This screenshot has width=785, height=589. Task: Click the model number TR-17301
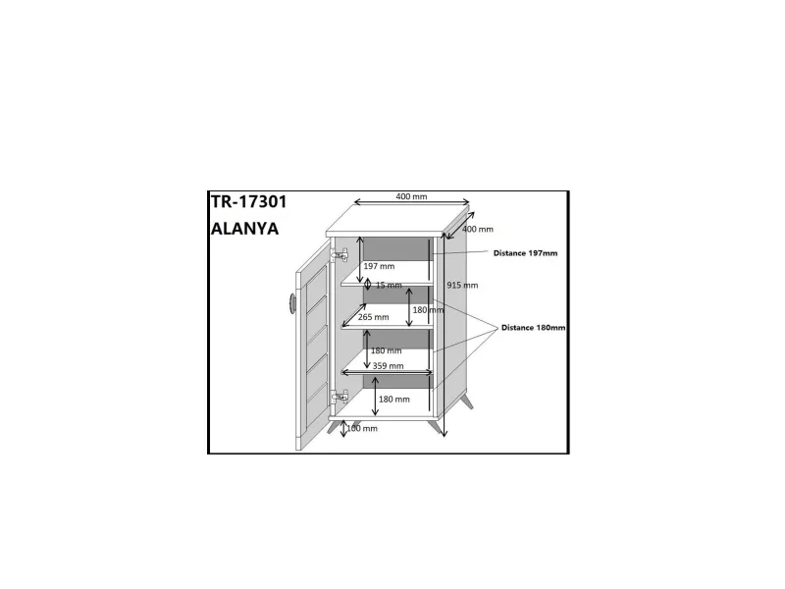point(249,202)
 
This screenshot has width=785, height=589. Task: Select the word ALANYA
point(244,229)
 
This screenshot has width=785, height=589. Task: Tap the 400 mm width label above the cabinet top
point(411,196)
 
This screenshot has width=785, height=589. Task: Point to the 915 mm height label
point(462,285)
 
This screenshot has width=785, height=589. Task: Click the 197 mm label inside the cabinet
point(379,266)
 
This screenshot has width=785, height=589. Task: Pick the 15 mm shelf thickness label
point(389,285)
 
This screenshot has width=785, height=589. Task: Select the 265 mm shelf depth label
point(374,317)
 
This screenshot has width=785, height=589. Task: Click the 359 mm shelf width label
point(388,365)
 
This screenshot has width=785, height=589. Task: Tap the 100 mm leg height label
point(362,428)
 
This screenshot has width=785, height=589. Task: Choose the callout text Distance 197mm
point(526,253)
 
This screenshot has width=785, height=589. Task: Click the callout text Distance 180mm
point(534,328)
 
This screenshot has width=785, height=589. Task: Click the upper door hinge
point(339,255)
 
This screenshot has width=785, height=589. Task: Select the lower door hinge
point(339,397)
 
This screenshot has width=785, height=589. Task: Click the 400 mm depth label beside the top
point(478,229)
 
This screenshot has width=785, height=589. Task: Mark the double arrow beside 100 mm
point(343,429)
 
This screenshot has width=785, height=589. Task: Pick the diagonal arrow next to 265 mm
point(353,315)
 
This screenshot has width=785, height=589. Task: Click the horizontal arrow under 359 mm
point(387,372)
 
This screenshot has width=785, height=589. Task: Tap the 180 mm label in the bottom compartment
point(394,400)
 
